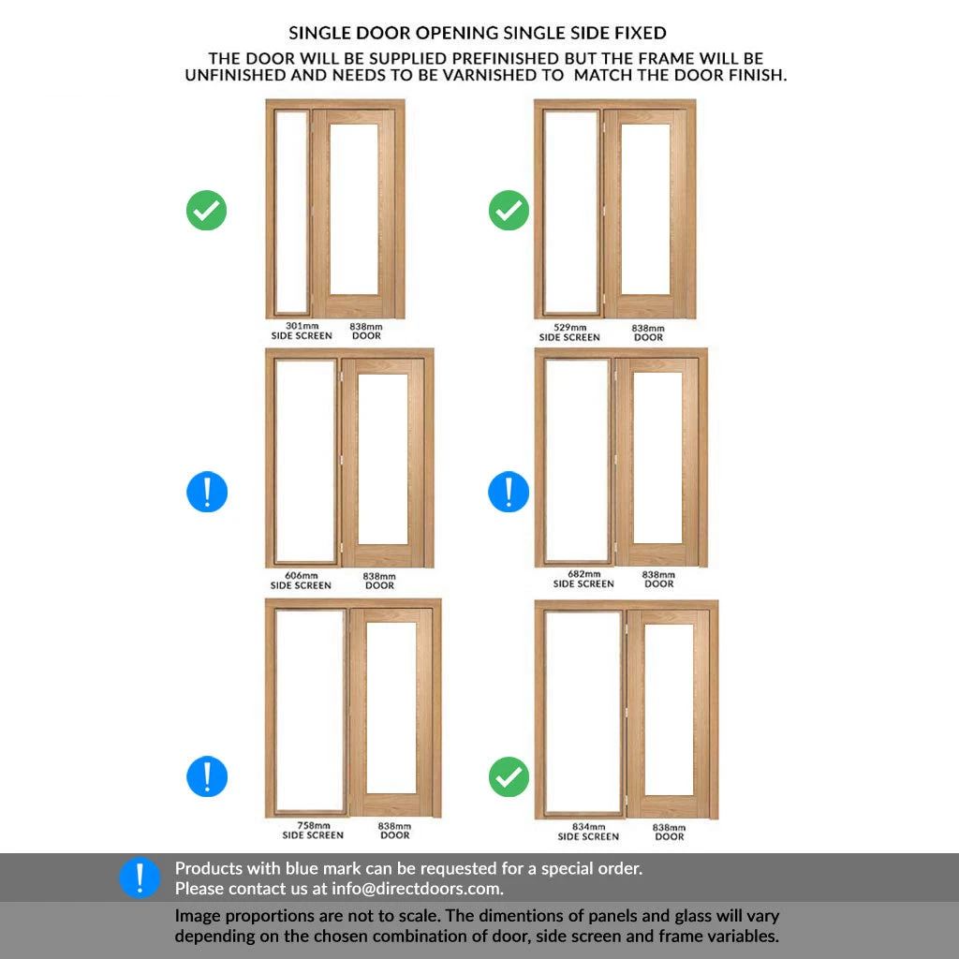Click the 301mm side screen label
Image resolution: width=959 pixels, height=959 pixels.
tap(302, 331)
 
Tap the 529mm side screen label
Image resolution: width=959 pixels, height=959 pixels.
tap(569, 332)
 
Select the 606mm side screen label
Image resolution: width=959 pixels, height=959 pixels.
tap(301, 581)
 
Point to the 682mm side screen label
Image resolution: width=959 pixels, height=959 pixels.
tap(583, 579)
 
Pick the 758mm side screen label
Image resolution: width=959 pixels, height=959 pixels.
tap(313, 830)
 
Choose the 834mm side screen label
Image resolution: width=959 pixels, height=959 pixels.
tap(588, 832)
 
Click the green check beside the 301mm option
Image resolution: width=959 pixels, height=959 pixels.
tap(207, 211)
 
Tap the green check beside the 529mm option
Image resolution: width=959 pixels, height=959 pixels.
tap(509, 211)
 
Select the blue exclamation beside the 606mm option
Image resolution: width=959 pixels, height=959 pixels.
tap(207, 492)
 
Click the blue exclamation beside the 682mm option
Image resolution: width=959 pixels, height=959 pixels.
tap(509, 492)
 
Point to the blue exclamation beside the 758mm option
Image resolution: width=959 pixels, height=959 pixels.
tap(207, 776)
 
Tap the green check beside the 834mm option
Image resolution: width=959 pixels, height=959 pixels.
tap(509, 776)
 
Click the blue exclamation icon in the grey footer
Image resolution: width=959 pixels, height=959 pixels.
tap(140, 878)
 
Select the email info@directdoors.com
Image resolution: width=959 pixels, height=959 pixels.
tap(417, 889)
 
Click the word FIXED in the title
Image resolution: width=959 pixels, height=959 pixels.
tap(641, 33)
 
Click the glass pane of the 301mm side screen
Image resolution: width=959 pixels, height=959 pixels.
tap(291, 212)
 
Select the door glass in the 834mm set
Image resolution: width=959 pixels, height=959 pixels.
tap(669, 710)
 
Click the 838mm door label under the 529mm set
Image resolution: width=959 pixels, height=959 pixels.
tap(648, 332)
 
